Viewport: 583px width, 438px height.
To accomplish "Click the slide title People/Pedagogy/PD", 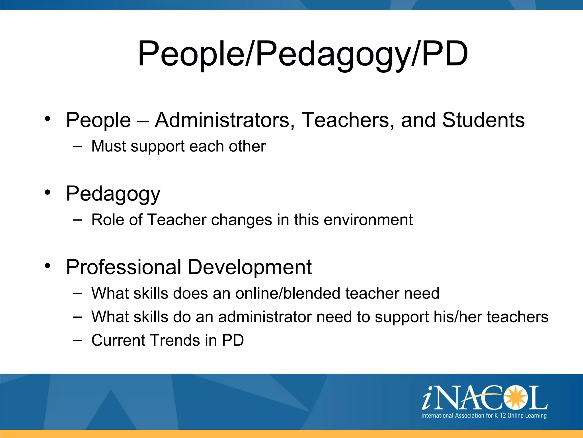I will (x=303, y=54).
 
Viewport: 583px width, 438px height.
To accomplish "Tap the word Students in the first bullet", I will (x=483, y=120).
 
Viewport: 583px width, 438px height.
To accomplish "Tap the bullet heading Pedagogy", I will (x=113, y=194).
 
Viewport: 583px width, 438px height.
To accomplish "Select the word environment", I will (x=368, y=220).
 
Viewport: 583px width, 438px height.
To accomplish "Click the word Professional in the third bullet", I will (x=124, y=267).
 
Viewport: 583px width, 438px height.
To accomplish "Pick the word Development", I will (x=250, y=267).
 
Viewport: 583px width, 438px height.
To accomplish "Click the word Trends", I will (x=175, y=340).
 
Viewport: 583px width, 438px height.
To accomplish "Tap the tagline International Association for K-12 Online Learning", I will (x=484, y=415).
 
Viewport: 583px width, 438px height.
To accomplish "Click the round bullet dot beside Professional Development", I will (x=48, y=266).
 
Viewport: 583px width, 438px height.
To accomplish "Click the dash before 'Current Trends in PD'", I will (x=77, y=340).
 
